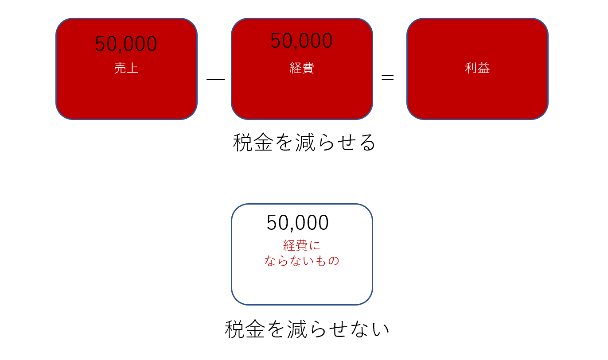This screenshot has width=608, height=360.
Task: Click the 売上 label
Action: click(x=126, y=68)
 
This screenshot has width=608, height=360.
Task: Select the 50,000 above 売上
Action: click(x=126, y=44)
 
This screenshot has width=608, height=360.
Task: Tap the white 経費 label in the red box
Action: click(x=302, y=68)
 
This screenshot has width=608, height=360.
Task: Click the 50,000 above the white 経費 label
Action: click(x=301, y=40)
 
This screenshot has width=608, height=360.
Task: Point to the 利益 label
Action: click(x=477, y=68)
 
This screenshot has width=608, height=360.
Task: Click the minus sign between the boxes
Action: click(x=215, y=80)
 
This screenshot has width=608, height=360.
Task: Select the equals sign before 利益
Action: click(x=388, y=77)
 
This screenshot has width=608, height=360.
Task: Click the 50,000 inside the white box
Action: click(x=297, y=222)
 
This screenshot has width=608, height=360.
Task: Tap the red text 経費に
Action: click(x=302, y=245)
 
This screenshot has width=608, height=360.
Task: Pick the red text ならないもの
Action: click(x=302, y=261)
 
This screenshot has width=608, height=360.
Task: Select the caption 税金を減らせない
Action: click(x=307, y=329)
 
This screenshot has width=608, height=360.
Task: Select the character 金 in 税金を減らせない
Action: click(x=255, y=329)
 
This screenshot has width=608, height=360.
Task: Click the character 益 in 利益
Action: click(x=483, y=68)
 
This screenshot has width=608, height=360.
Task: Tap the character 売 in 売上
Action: click(x=120, y=68)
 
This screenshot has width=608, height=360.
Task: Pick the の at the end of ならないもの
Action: click(x=334, y=261)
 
